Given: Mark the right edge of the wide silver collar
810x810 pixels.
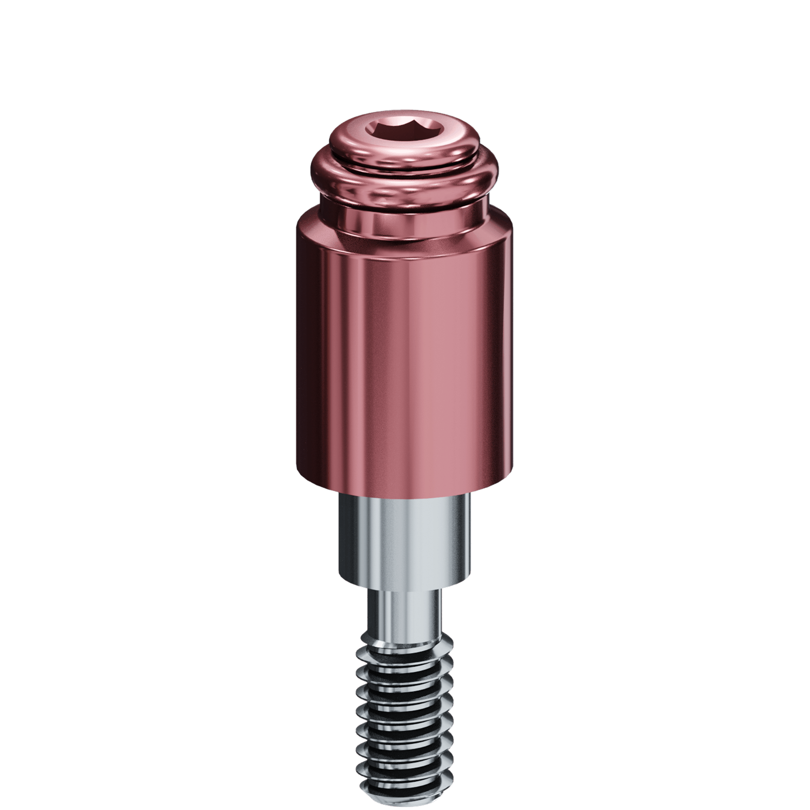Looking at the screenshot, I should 468,540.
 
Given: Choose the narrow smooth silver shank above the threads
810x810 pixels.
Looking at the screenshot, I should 404,616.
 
